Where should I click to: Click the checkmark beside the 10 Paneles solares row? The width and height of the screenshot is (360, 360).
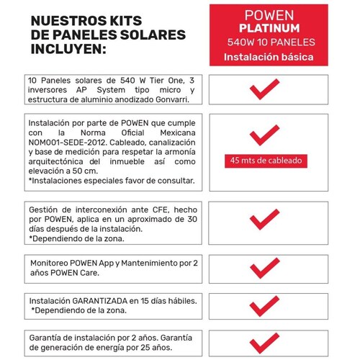coord(264,91)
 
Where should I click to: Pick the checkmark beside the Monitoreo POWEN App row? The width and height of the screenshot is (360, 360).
coord(264,269)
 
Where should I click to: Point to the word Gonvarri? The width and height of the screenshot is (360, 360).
coord(174,101)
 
